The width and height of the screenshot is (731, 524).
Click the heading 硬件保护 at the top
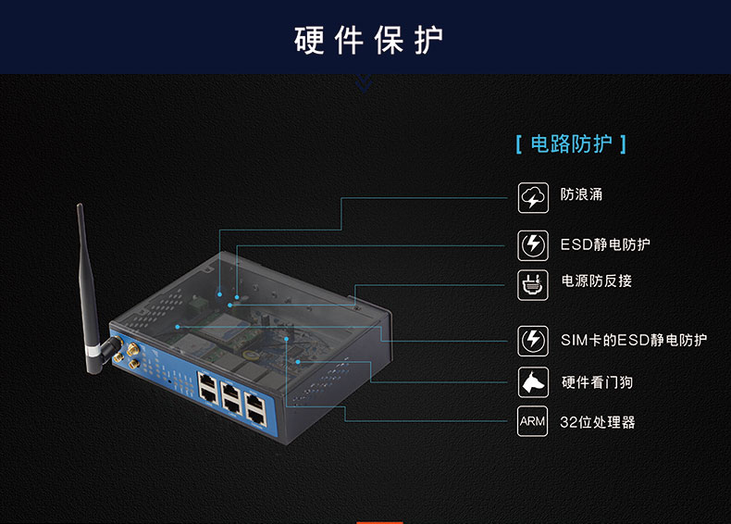click(x=368, y=40)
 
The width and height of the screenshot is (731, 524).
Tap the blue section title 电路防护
click(x=571, y=143)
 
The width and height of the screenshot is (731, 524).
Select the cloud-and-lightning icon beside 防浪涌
click(x=533, y=198)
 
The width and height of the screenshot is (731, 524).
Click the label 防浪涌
click(x=581, y=194)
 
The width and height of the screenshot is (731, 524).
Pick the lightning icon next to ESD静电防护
click(x=533, y=245)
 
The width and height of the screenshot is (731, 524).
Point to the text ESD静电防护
click(x=605, y=244)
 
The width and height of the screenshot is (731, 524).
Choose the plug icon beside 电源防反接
click(x=533, y=284)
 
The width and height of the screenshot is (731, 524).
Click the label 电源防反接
click(x=596, y=281)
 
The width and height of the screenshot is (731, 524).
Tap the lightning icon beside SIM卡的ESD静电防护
click(x=533, y=341)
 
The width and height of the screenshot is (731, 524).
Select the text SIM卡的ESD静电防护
click(x=634, y=340)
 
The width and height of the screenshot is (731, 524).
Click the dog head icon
click(x=533, y=382)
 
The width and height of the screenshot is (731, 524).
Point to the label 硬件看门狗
click(x=597, y=382)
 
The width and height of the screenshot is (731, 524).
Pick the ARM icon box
click(x=532, y=421)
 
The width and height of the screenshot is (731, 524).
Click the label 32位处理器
click(x=598, y=422)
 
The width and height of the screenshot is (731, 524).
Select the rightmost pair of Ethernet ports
click(x=255, y=409)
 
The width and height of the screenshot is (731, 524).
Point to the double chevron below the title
click(x=364, y=83)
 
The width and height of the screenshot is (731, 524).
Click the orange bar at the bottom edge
click(x=379, y=522)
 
